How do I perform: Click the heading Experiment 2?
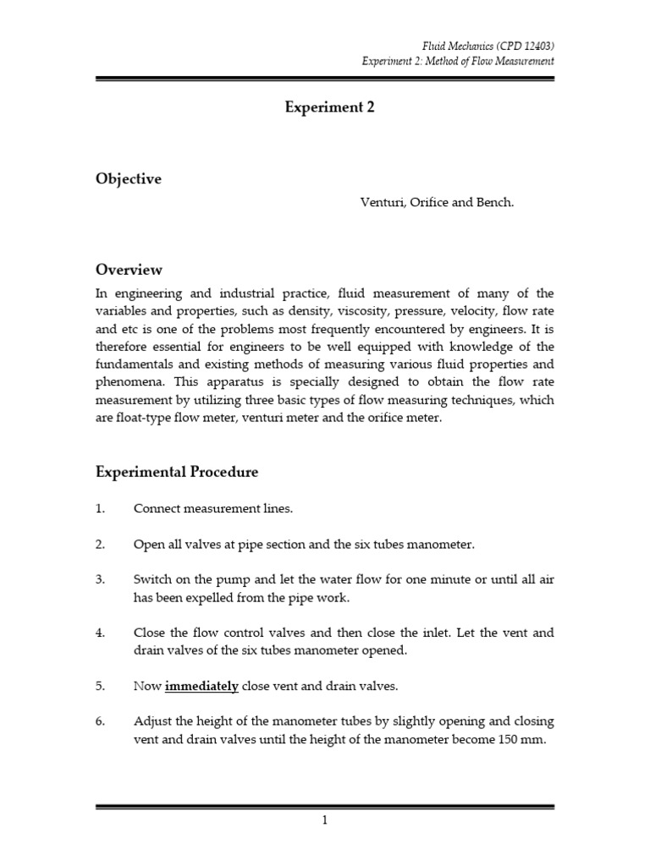click(324, 107)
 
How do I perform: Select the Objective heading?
click(129, 179)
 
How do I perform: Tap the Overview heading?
click(129, 270)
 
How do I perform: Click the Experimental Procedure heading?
click(177, 472)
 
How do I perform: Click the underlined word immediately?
click(201, 686)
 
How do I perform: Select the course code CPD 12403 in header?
click(520, 45)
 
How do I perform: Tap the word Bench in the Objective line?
click(493, 204)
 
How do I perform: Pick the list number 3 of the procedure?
click(100, 579)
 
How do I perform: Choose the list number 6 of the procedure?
click(100, 721)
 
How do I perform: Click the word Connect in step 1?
click(157, 508)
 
